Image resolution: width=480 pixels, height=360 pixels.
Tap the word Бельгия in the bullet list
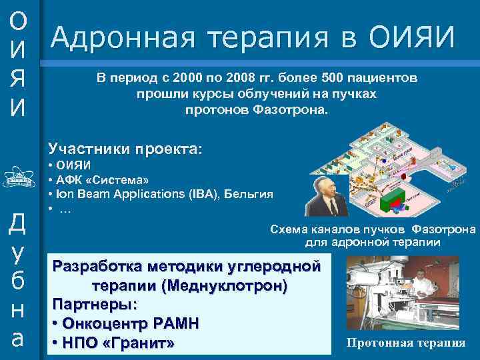(x=249, y=194)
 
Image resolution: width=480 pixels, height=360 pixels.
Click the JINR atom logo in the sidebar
(x=19, y=178)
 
